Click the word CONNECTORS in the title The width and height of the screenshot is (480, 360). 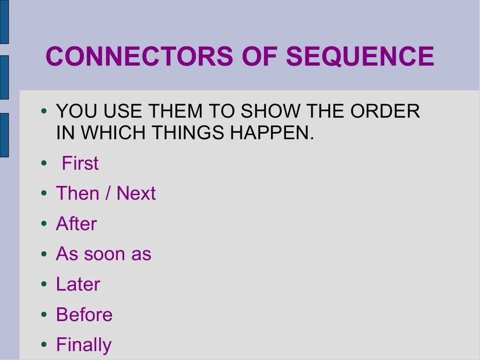[139, 57]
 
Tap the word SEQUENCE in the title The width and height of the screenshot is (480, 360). [360, 57]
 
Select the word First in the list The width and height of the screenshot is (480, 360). [80, 164]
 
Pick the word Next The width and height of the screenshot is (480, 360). [136, 194]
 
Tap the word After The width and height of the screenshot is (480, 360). [76, 224]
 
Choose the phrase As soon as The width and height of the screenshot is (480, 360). [104, 254]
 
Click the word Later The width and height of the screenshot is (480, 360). [78, 285]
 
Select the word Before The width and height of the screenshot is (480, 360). [84, 315]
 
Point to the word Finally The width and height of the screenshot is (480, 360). [84, 345]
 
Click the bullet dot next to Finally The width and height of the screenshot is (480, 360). [44, 345]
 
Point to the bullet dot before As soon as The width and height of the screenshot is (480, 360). [44, 255]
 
